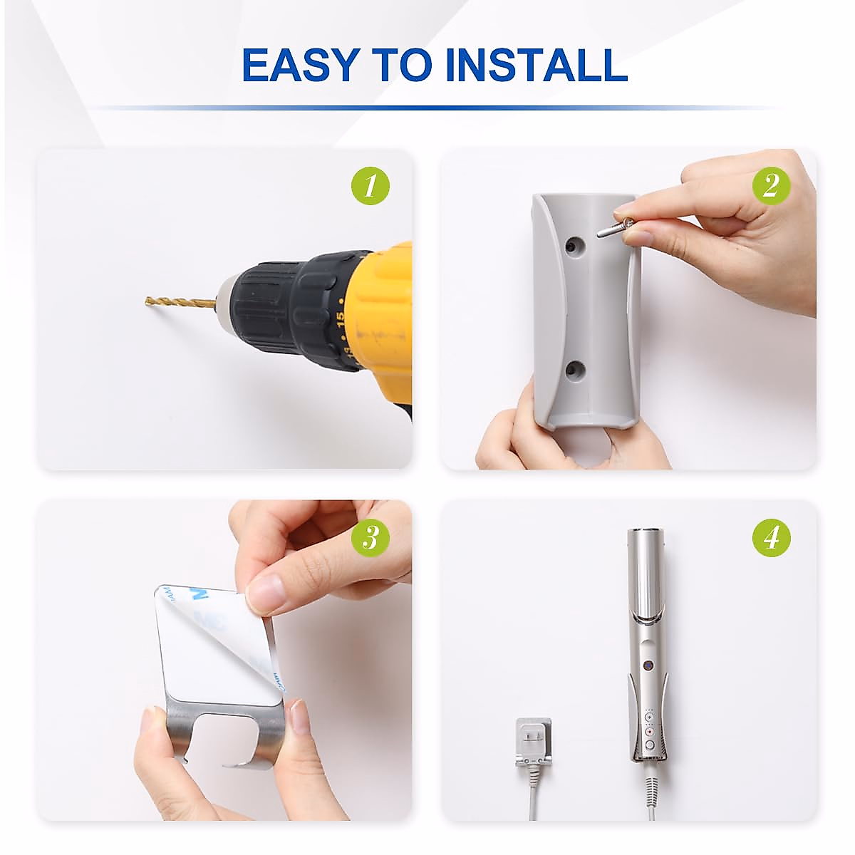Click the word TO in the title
click(402, 65)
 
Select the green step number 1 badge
click(370, 185)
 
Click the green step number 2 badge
click(771, 185)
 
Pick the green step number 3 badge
click(370, 538)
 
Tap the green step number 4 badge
click(771, 538)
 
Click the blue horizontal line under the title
click(435, 108)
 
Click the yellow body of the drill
click(382, 319)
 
